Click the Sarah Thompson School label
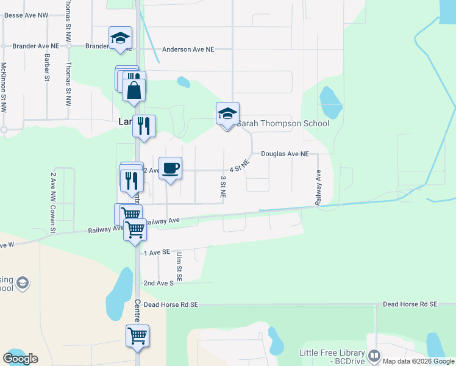click(283, 124)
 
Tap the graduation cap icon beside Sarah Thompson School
click(227, 114)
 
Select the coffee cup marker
click(170, 168)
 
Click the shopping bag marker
click(134, 91)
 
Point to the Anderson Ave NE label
click(188, 49)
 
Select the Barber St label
click(47, 68)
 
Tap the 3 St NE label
click(223, 187)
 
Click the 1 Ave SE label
click(154, 253)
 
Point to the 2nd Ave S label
click(159, 283)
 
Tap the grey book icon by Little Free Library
click(374, 354)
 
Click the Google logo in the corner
click(20, 359)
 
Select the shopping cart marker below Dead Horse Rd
click(138, 336)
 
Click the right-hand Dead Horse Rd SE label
click(410, 304)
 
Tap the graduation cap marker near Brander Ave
click(120, 38)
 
